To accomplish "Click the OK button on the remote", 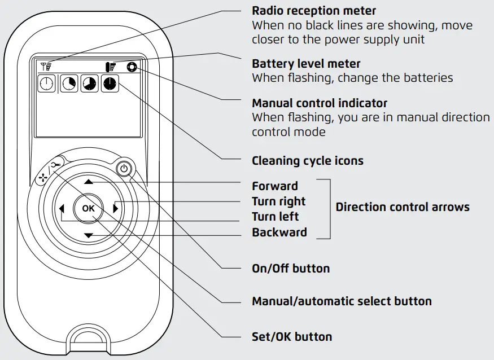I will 89,208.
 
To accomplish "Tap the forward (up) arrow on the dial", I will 89,182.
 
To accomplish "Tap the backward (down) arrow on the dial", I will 89,235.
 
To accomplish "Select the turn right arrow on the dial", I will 116,208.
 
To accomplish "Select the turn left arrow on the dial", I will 62,209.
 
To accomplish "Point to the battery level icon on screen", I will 111,67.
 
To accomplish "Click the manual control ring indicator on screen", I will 133,67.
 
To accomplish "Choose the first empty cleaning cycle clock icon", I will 46,84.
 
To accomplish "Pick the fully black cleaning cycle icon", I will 110,84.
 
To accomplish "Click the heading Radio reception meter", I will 313,11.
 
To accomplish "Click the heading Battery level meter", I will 305,63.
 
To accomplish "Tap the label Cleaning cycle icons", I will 307,161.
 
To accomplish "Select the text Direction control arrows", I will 402,207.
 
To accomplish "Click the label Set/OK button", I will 291,337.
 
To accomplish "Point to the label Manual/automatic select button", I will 341,301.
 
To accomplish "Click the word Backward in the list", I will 279,232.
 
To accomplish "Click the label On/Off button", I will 290,268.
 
